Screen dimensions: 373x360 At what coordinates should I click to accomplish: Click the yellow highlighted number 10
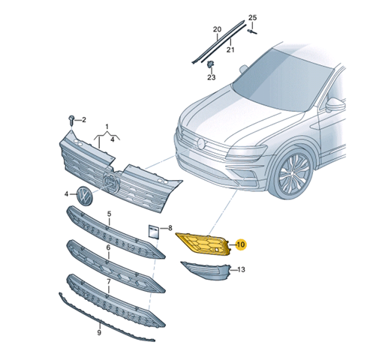[x=240, y=244]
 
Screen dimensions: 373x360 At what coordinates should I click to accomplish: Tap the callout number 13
[x=241, y=269]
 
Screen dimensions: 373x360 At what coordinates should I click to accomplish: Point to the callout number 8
[x=170, y=228]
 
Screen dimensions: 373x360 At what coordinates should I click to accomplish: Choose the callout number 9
[x=99, y=332]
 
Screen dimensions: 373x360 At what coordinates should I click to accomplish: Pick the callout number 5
[x=109, y=214]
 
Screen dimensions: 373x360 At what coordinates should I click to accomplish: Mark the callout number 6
[x=108, y=247]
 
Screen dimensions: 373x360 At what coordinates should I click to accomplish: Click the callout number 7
[x=109, y=282]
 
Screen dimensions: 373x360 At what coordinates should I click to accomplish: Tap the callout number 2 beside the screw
[x=84, y=120]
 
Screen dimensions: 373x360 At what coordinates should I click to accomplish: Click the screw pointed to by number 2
[x=71, y=121]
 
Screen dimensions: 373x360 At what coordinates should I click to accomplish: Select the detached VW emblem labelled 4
[x=85, y=196]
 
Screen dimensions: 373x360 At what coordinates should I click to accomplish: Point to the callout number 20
[x=217, y=29]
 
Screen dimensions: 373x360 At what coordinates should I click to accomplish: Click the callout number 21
[x=230, y=49]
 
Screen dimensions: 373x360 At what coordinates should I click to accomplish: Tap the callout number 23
[x=211, y=77]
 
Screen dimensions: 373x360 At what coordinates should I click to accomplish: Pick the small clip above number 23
[x=210, y=64]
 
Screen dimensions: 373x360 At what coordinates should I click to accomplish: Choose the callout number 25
[x=252, y=17]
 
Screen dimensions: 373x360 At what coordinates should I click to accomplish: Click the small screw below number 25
[x=252, y=31]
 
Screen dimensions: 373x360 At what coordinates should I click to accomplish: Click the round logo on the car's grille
[x=201, y=143]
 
